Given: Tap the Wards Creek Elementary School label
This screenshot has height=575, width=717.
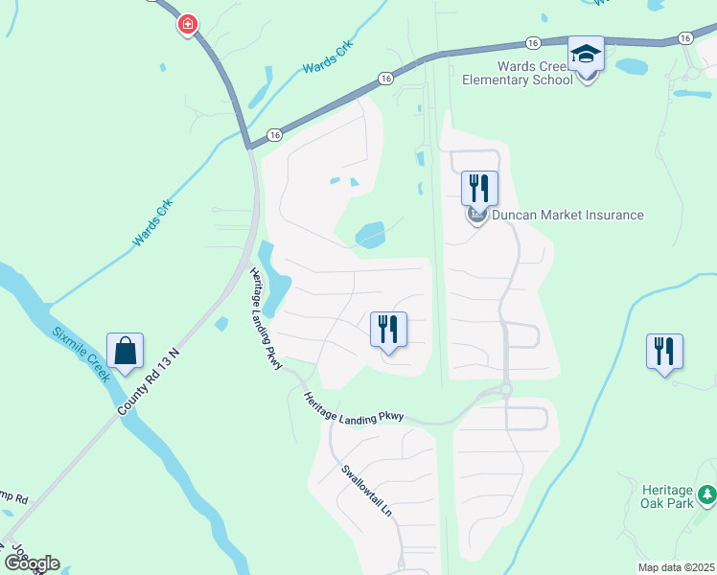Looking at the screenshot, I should pos(534,74).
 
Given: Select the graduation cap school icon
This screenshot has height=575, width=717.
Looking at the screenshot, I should pos(586,55).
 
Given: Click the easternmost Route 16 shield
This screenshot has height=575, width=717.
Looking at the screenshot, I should pos(683,37).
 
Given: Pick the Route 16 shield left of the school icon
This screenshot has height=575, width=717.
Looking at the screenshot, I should pos(533,42).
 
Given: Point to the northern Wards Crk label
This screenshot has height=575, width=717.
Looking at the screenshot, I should pos(328,57).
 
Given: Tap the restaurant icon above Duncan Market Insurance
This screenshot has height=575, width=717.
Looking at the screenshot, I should pos(479,187).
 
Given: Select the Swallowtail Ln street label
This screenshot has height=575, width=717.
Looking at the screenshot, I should pos(367,492).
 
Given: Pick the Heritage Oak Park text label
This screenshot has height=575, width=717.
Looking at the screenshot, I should pos(665,496).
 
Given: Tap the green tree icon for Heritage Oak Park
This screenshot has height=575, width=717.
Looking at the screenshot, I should pos(706,494).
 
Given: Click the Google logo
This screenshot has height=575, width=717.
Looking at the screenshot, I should pos(32,563).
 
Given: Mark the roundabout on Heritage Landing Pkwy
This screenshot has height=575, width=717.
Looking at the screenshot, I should pos(505,390).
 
